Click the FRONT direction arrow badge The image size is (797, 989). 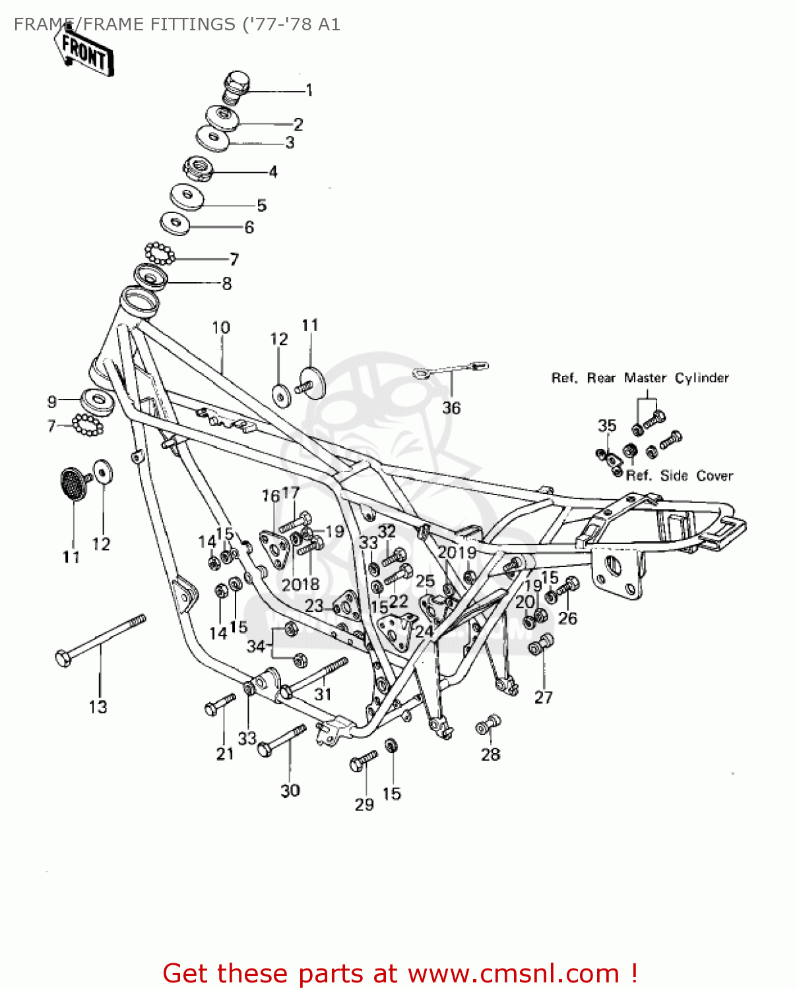pyautogui.click(x=84, y=51)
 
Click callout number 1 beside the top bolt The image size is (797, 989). pyautogui.click(x=309, y=90)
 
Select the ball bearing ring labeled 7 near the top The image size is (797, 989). pyautogui.click(x=160, y=253)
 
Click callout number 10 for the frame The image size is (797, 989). pyautogui.click(x=220, y=328)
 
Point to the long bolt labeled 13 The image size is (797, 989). pyautogui.click(x=99, y=638)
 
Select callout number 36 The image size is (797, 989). pyautogui.click(x=451, y=408)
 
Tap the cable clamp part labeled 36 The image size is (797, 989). pyautogui.click(x=451, y=370)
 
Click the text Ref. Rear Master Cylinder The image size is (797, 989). pyautogui.click(x=640, y=378)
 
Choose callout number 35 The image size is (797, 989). pyautogui.click(x=606, y=426)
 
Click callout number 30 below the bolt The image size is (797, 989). pyautogui.click(x=290, y=791)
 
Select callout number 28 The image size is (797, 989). pyautogui.click(x=490, y=754)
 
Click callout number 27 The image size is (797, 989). pyautogui.click(x=543, y=697)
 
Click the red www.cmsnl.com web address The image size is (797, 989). pyautogui.click(x=513, y=973)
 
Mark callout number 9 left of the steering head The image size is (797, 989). pyautogui.click(x=52, y=402)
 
